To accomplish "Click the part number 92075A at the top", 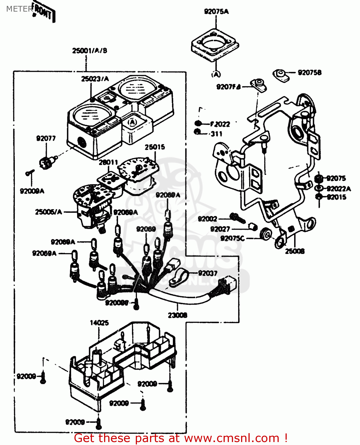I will click(216, 12).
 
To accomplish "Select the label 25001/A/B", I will click(90, 51).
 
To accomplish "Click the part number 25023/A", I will click(95, 79).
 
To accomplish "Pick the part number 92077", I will click(46, 139).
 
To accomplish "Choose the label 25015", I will click(155, 147).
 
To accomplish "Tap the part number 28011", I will click(108, 162).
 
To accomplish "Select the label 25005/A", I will click(49, 212).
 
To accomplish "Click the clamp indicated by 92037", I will click(178, 278).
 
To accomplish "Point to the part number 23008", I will click(178, 315).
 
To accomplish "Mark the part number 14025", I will click(99, 323).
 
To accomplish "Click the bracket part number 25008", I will click(295, 251).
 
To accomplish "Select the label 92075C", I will click(233, 238).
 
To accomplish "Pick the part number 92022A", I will click(339, 189).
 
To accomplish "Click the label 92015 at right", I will click(337, 197).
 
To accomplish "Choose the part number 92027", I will click(220, 229).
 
